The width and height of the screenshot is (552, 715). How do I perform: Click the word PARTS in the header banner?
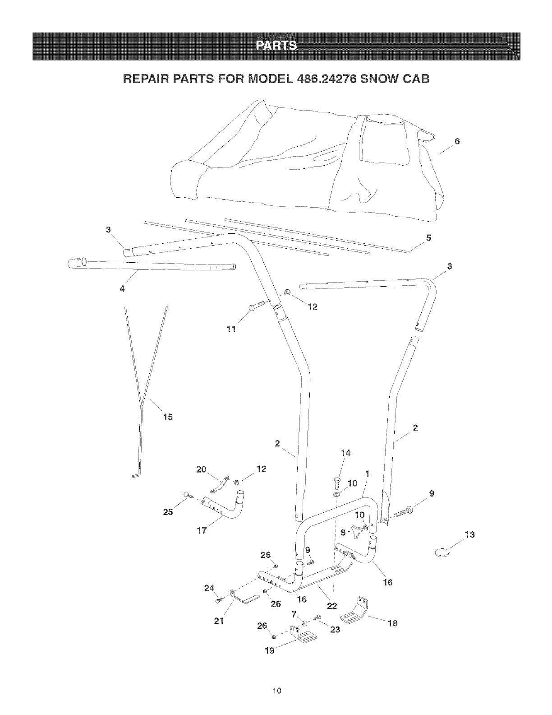coord(276,46)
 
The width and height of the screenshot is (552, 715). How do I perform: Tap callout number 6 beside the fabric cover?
coord(457,141)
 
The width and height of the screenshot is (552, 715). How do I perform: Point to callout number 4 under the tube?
coord(122,289)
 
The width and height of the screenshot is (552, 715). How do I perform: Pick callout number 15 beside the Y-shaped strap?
coord(168,417)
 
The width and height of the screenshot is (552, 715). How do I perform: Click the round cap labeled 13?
coord(442,552)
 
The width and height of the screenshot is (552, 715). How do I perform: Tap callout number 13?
coord(470,535)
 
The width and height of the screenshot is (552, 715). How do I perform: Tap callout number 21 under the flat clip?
coord(220,621)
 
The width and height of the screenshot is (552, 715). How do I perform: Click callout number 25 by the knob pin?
coord(167,512)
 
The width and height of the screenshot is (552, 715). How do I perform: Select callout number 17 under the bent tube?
coord(202,531)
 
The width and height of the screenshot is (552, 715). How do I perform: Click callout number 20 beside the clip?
coord(201,469)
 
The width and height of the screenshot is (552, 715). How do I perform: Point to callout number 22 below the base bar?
coord(331,606)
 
